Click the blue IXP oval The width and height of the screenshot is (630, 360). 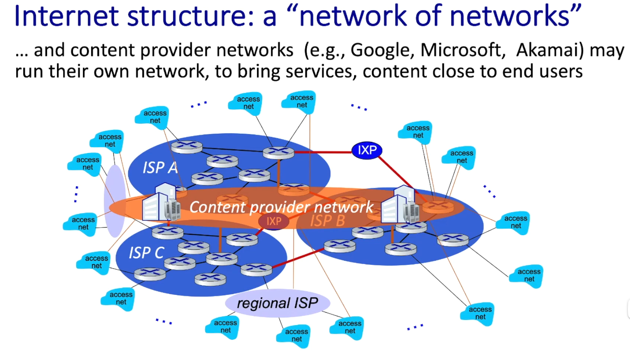coord(367,150)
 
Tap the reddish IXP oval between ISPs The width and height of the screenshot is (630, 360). coord(274,221)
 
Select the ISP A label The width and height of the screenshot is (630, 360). coord(160,168)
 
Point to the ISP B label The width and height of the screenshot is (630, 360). coord(327,221)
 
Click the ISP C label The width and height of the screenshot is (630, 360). coord(146,253)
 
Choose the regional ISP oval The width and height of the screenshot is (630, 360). coord(277,303)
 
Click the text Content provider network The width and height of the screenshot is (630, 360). coord(281,207)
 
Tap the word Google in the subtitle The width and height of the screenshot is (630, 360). coord(381,50)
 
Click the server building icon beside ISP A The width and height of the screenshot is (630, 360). coord(161,203)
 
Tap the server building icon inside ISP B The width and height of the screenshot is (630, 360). coord(400,206)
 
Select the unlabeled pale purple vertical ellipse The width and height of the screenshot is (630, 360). coord(115,201)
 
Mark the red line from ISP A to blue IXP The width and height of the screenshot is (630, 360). coord(322,152)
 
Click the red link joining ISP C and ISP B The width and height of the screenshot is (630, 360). coord(298,258)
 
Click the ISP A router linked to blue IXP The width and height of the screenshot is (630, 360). coord(278,152)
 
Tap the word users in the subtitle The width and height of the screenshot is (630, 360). coord(561,71)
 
